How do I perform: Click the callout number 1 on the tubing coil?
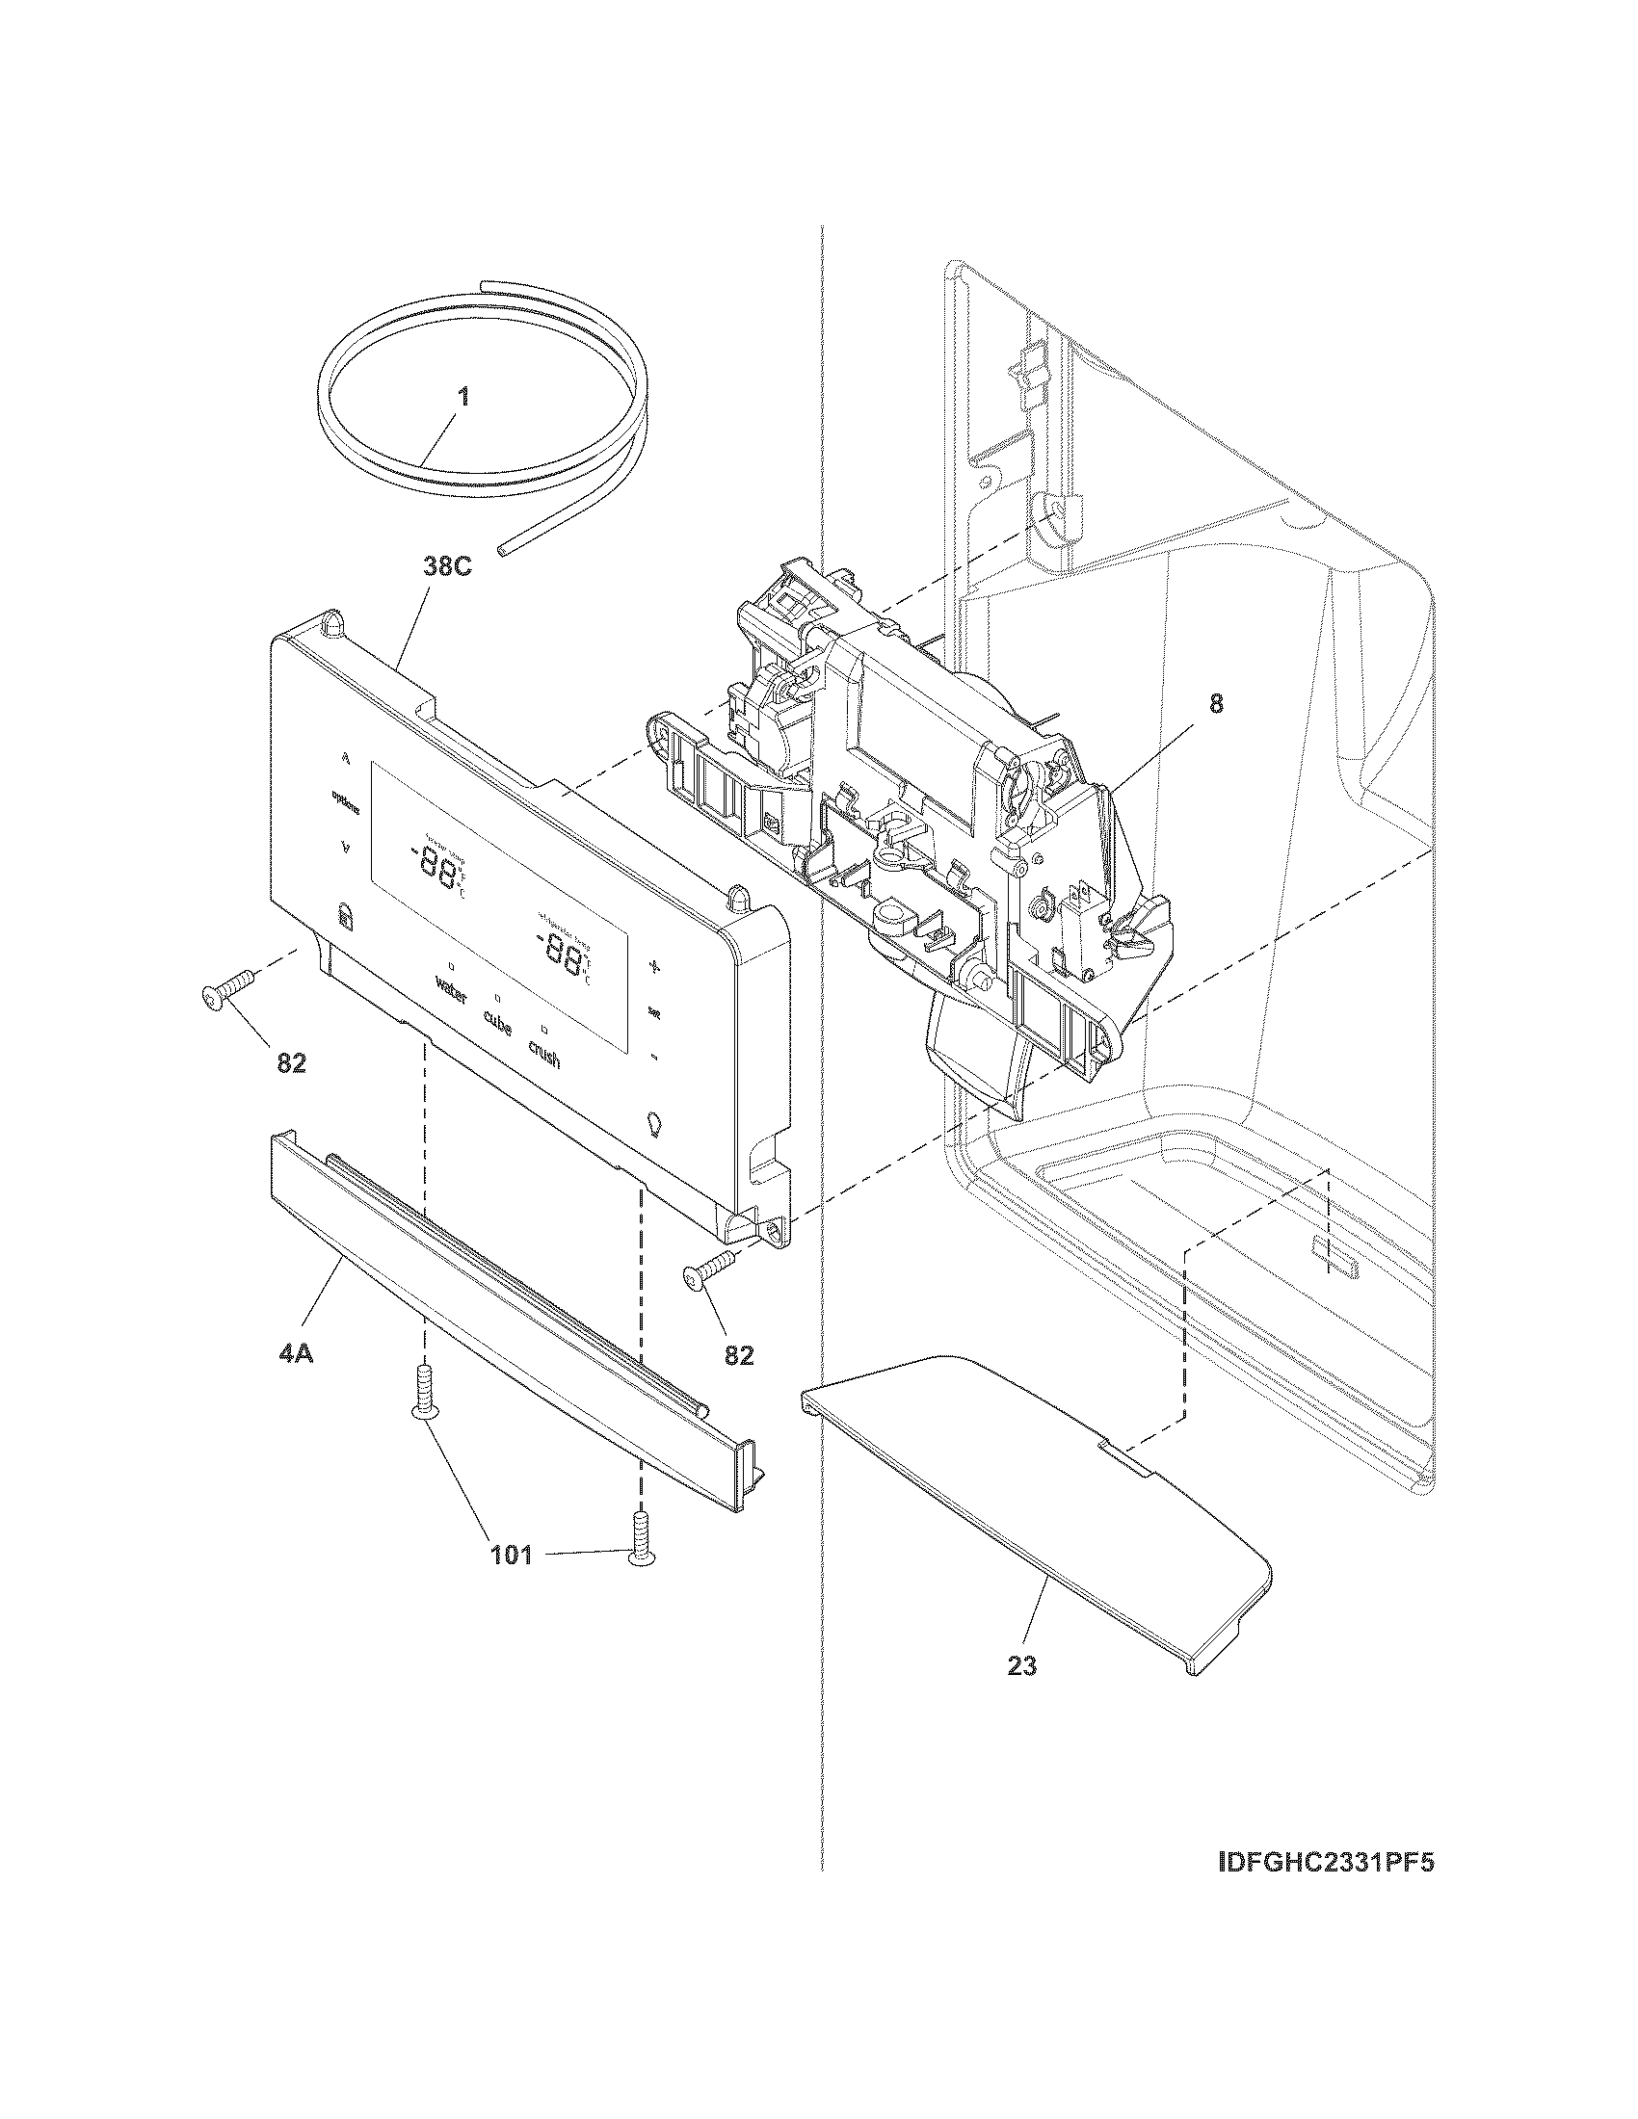[x=463, y=397]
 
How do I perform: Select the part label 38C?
[x=447, y=566]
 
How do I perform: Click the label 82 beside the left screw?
[x=291, y=1063]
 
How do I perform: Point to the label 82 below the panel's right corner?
[x=738, y=1354]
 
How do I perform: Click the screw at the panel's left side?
[x=226, y=990]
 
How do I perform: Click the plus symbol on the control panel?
[x=654, y=966]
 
